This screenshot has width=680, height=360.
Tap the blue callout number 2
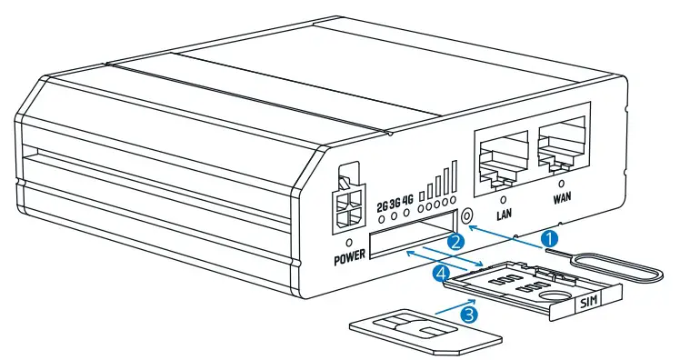[457, 241]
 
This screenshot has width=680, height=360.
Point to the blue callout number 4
[441, 271]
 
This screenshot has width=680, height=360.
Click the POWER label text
[348, 257]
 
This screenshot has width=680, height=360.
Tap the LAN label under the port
[505, 215]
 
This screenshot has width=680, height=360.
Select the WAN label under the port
[566, 195]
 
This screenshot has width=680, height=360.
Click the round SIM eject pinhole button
[467, 217]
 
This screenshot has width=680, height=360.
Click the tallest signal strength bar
[454, 177]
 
